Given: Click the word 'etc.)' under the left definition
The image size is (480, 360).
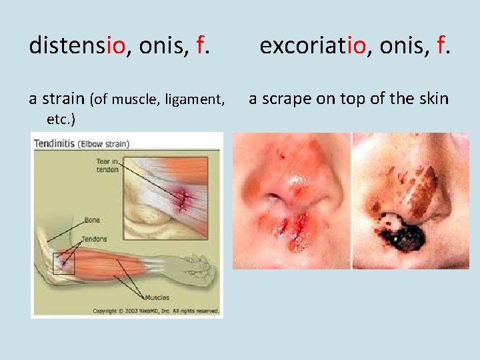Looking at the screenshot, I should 61,119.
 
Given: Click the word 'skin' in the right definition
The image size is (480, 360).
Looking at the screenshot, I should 433,99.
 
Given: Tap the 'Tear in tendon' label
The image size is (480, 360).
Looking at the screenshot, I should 107,165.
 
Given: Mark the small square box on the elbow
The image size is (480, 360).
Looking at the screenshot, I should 64,263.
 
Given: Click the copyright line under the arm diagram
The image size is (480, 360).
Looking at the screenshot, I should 156,311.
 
